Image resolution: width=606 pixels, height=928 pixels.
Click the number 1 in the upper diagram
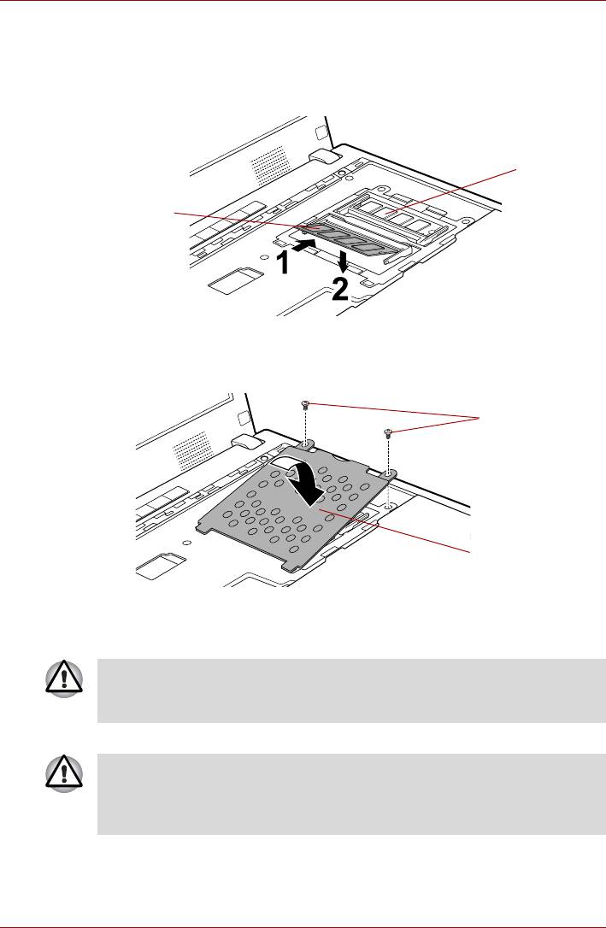click(x=285, y=263)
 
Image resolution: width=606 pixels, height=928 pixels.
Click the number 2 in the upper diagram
click(x=339, y=290)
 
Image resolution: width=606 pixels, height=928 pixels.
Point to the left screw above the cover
click(x=306, y=404)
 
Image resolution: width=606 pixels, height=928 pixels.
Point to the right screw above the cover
click(x=388, y=432)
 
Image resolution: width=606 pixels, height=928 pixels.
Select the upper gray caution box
click(x=351, y=690)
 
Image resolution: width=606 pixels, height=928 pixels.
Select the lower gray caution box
click(x=351, y=794)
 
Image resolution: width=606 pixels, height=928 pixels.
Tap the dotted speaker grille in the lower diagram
click(x=192, y=450)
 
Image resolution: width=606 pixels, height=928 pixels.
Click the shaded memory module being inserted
click(x=344, y=238)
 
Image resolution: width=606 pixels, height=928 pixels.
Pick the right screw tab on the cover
click(x=388, y=473)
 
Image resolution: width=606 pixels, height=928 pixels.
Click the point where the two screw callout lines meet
click(x=480, y=419)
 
